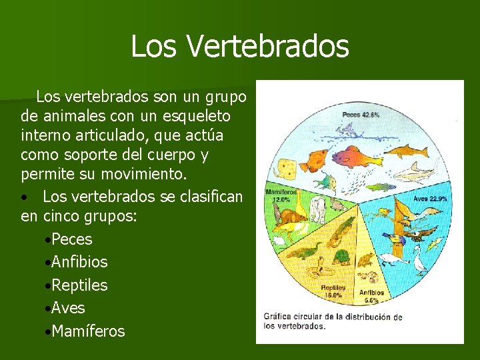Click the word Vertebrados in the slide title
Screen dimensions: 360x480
point(269,46)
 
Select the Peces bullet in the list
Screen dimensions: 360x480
point(71,239)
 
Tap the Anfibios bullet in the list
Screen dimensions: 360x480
point(79,262)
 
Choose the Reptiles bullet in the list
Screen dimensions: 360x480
point(79,285)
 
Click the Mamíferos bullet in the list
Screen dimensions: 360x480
point(87,331)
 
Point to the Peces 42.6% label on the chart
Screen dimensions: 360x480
point(361,115)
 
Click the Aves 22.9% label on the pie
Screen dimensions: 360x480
point(429,199)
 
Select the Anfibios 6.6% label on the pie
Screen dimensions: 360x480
point(372,295)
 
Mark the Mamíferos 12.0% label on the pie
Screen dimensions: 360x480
point(281,195)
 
